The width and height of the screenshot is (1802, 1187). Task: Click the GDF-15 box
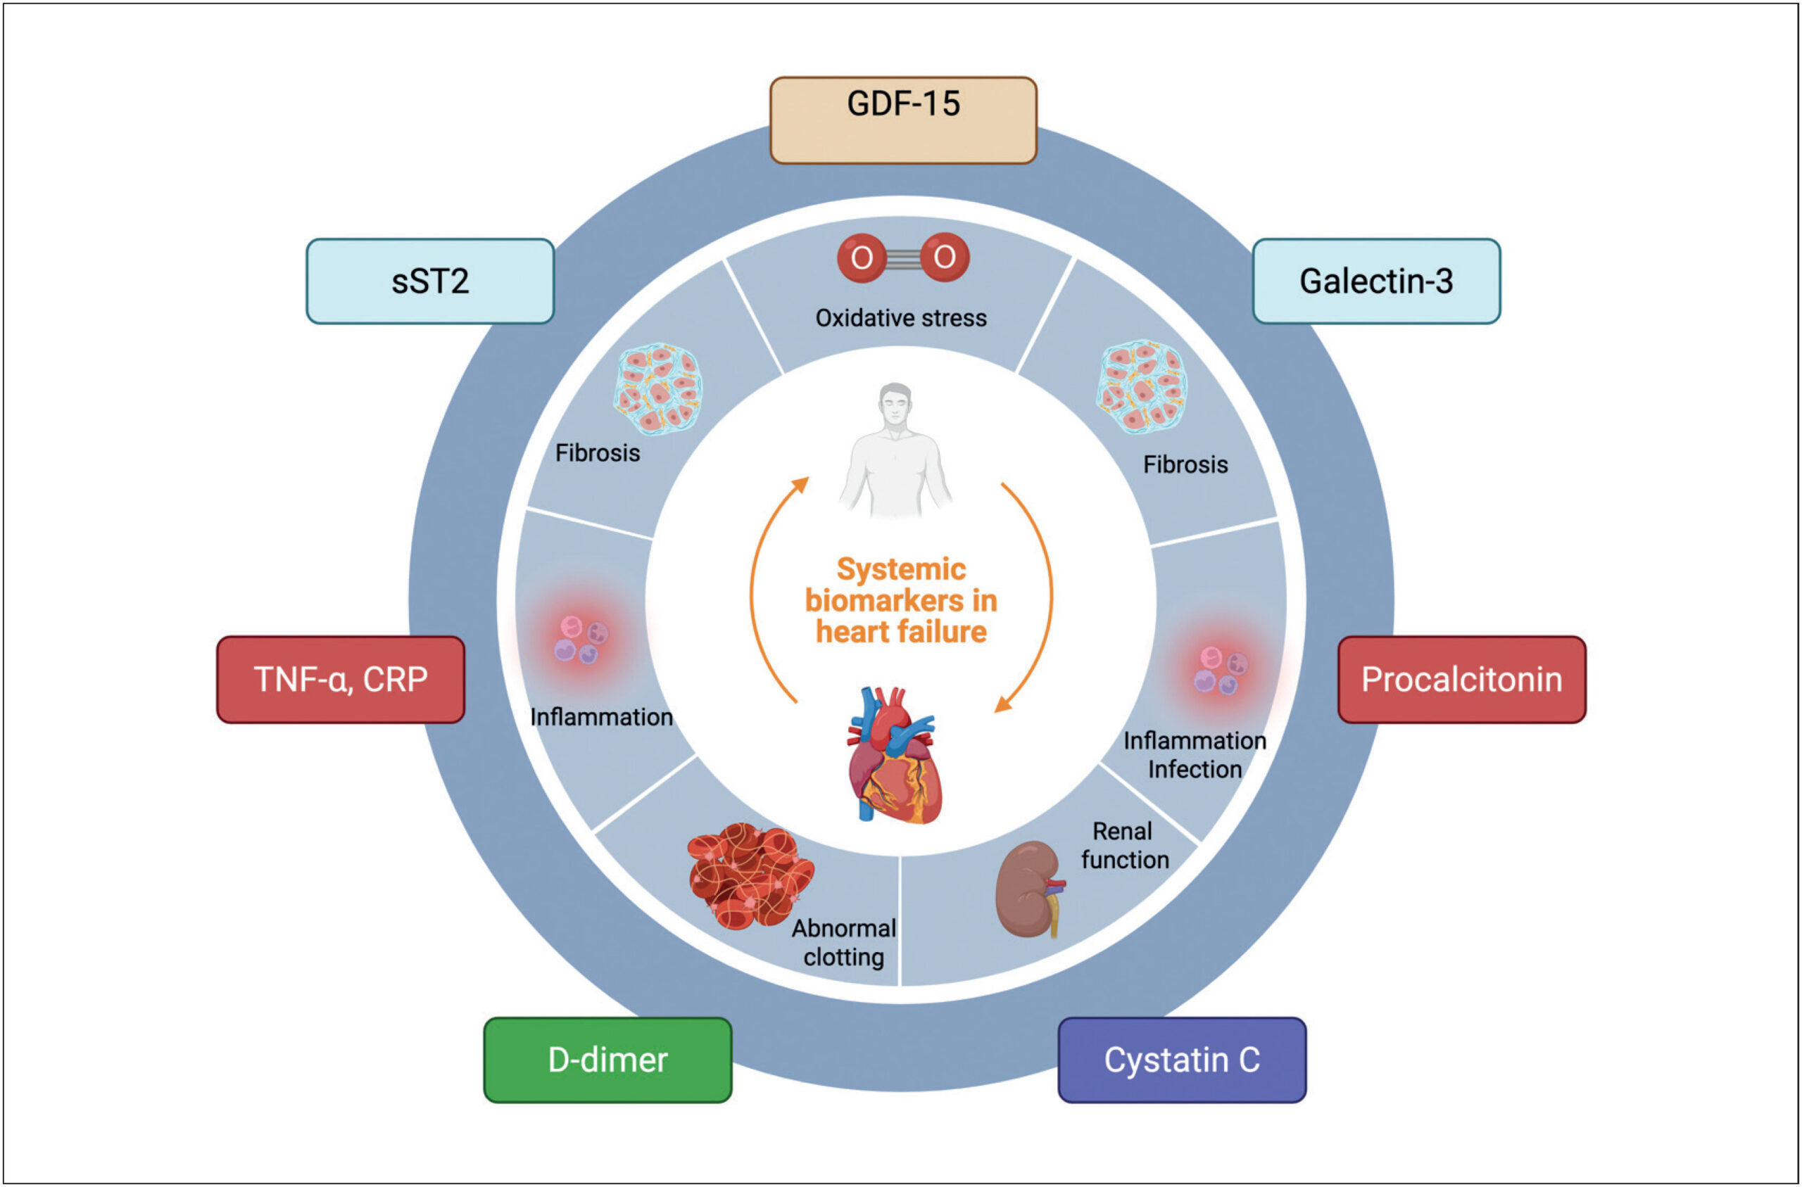click(x=902, y=120)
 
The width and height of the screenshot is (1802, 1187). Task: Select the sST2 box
click(x=430, y=281)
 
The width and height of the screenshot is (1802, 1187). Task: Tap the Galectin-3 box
click(x=1376, y=281)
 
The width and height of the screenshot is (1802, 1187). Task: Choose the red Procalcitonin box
click(x=1462, y=679)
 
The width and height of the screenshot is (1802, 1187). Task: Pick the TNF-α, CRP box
click(x=341, y=679)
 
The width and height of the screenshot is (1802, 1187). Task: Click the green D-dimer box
click(x=608, y=1060)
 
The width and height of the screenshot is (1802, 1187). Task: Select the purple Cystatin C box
click(x=1182, y=1060)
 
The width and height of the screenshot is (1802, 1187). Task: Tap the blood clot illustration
click(x=750, y=876)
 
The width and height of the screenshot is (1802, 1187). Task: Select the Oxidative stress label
click(x=901, y=318)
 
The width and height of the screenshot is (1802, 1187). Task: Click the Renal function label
click(x=1125, y=846)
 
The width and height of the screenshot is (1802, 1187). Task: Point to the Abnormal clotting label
click(x=844, y=942)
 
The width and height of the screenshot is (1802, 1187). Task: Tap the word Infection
click(x=1195, y=769)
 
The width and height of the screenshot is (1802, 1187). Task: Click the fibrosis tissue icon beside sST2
click(x=657, y=389)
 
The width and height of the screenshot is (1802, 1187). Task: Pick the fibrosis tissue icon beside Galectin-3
click(x=1142, y=387)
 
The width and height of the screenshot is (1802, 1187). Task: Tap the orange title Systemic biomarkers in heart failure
click(x=901, y=600)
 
